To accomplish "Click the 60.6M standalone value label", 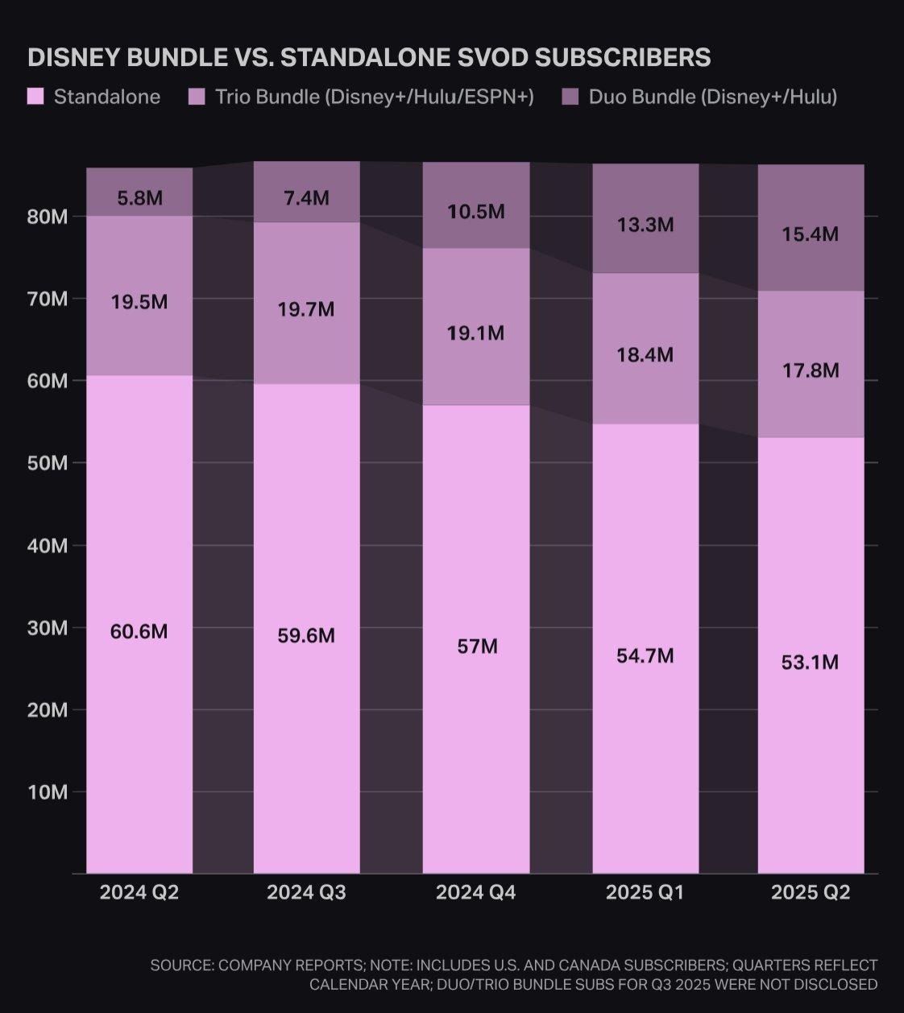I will (139, 631).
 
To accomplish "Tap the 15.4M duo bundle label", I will (810, 234).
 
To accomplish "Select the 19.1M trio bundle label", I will (475, 333).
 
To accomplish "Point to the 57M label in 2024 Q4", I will (477, 646).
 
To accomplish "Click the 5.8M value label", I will (139, 197).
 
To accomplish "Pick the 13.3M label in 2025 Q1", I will (645, 224).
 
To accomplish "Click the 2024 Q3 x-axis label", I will (306, 892).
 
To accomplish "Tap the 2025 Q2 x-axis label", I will (811, 892).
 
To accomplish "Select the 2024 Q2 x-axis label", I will (139, 892).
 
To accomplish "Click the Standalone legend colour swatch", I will (35, 97).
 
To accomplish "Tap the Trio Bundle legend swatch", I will (197, 97).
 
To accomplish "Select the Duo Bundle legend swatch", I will (570, 97).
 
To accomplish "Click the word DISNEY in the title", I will (73, 57).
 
